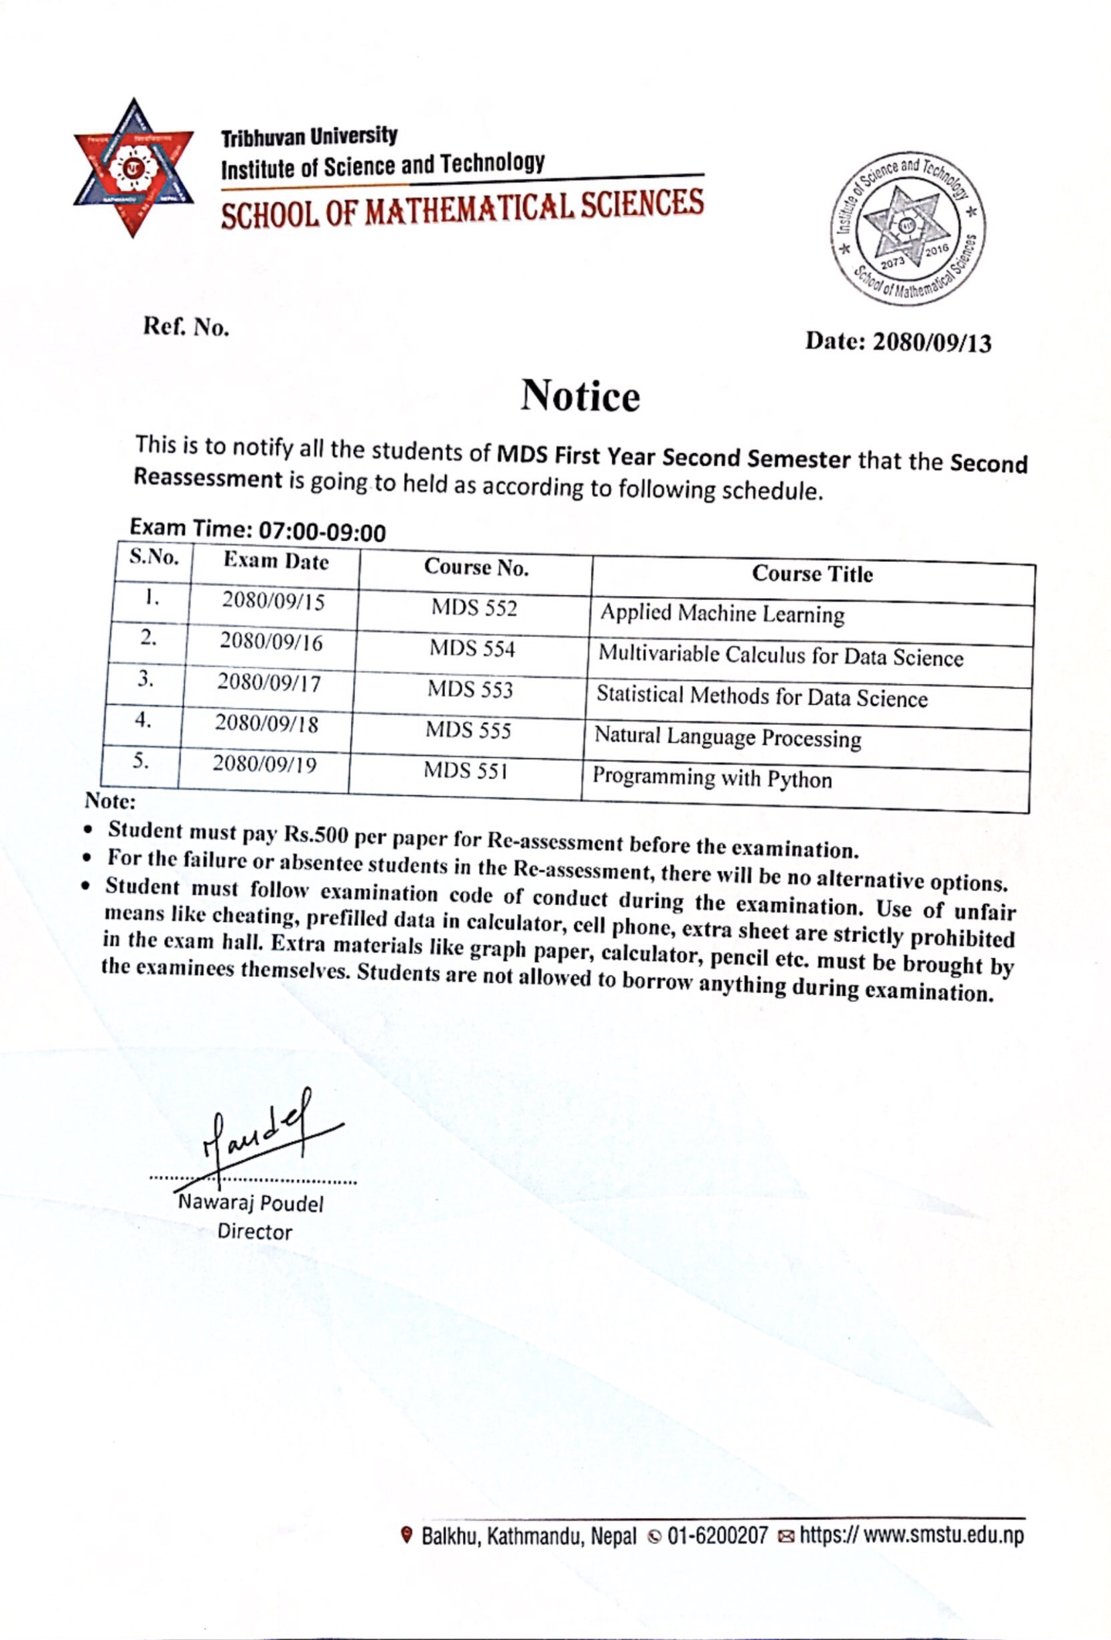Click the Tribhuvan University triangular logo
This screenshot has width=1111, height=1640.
pos(133,168)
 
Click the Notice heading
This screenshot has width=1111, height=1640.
pos(580,395)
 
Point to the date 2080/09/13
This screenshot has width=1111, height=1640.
pos(932,343)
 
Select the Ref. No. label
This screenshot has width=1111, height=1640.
pos(186,327)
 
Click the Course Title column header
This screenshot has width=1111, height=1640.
pos(812,574)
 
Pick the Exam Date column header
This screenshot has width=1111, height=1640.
pos(276,562)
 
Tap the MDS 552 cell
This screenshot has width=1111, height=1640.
pos(474,607)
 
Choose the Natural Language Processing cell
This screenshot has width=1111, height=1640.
pos(727,738)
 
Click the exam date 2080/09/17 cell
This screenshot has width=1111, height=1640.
pos(269,683)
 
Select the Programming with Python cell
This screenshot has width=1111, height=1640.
pos(712,778)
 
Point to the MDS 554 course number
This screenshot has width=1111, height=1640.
pos(472,648)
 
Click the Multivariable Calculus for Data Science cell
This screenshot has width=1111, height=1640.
pos(780,656)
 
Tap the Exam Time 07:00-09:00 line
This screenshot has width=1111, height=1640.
pos(257,529)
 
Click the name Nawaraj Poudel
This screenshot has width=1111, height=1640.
pos(251,1202)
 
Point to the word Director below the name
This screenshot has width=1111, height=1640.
pos(254,1232)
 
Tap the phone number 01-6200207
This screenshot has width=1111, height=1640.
pos(717,1536)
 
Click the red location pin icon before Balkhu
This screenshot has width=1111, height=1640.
pos(405,1535)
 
